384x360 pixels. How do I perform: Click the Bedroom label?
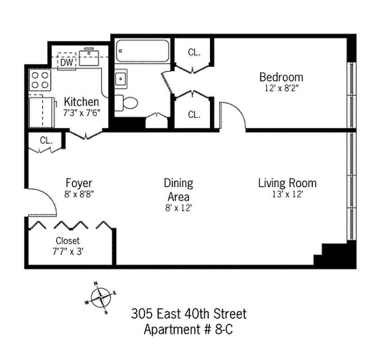pyautogui.click(x=281, y=77)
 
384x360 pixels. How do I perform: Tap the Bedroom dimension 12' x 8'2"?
pyautogui.click(x=281, y=88)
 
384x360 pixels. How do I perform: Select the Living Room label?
pyautogui.click(x=287, y=183)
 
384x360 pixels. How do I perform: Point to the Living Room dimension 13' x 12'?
pyautogui.click(x=287, y=194)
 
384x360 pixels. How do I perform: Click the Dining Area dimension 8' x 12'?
pyautogui.click(x=178, y=208)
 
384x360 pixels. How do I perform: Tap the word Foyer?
pyautogui.click(x=79, y=183)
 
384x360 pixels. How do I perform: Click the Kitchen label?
pyautogui.click(x=81, y=102)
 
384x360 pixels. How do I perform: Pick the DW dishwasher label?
pyautogui.click(x=67, y=62)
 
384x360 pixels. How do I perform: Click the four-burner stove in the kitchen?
pyautogui.click(x=40, y=80)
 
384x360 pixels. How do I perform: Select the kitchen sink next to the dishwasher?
pyautogui.click(x=89, y=58)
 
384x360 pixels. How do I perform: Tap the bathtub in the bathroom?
pyautogui.click(x=143, y=51)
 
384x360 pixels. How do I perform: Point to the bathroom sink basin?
pyautogui.click(x=121, y=79)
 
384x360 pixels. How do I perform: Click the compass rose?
pyautogui.click(x=101, y=298)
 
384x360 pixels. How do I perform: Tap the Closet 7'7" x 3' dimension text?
pyautogui.click(x=68, y=252)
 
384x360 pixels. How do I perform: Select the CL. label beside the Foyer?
pyautogui.click(x=46, y=140)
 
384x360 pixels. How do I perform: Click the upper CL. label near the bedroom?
pyautogui.click(x=194, y=52)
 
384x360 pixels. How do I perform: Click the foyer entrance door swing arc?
pyautogui.click(x=46, y=197)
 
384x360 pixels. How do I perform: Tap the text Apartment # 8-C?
pyautogui.click(x=188, y=329)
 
